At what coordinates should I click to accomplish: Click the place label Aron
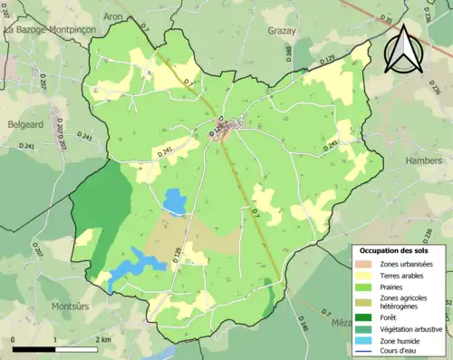(113, 16)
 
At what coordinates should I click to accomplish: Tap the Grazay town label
(282, 30)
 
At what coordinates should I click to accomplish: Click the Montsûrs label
(60, 306)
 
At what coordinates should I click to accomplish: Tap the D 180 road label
(304, 322)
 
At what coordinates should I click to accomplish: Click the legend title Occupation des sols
(397, 249)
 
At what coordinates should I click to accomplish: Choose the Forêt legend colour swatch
(365, 317)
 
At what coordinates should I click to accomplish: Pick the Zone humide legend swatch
(365, 341)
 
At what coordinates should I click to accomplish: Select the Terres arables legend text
(405, 275)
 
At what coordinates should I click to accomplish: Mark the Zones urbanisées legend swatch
(365, 263)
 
